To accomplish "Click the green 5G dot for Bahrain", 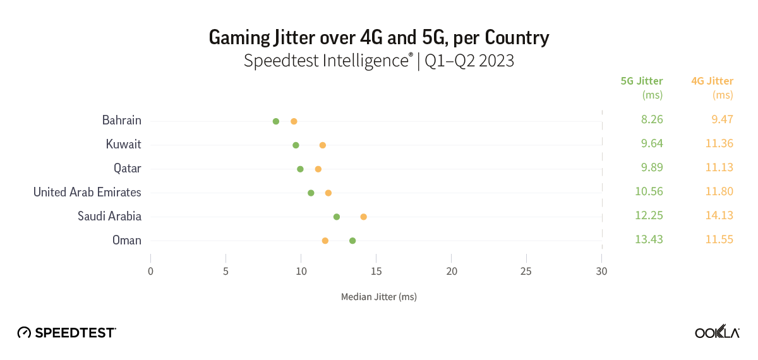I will (x=275, y=121).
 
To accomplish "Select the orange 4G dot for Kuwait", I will (x=323, y=145).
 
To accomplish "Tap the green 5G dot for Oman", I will (x=352, y=241).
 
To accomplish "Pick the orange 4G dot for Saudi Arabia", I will (x=363, y=217).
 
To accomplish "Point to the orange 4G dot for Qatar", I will (x=318, y=169).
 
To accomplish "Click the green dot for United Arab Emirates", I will (x=311, y=193).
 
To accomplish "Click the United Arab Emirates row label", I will (x=87, y=192).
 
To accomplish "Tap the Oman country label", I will (x=126, y=240).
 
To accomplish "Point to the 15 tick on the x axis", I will (x=376, y=272).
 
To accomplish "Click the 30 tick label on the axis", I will (x=601, y=272).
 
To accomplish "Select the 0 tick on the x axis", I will (x=150, y=272).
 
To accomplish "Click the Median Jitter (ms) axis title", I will (x=378, y=296).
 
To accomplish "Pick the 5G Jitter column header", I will (x=642, y=81).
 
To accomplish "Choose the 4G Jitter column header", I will (x=712, y=81).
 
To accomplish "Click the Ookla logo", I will (x=717, y=332).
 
